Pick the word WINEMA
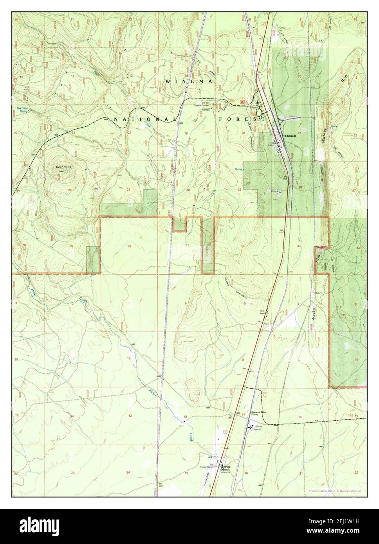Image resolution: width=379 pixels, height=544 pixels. (189, 81)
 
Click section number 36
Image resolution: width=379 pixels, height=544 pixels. (129, 246)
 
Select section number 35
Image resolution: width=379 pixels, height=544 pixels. (71, 246)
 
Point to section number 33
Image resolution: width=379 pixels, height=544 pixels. (299, 246)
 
